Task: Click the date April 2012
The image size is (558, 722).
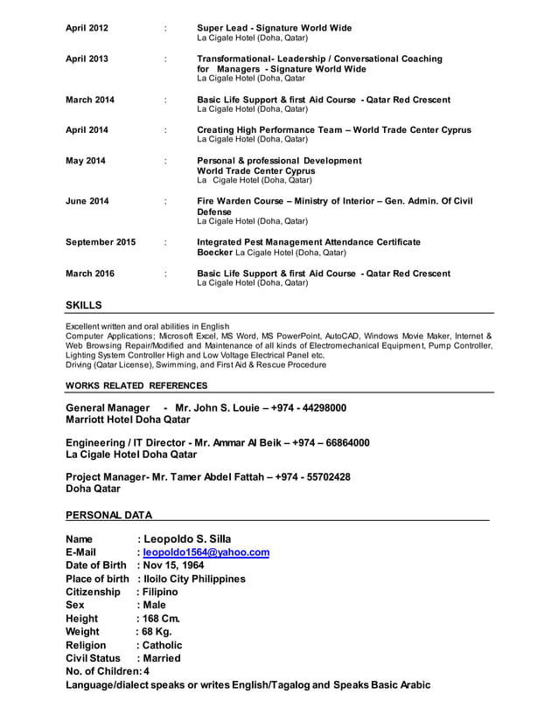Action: pyautogui.click(x=87, y=28)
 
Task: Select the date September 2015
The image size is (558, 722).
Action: pyautogui.click(x=101, y=242)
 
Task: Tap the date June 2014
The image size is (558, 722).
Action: pyautogui.click(x=87, y=201)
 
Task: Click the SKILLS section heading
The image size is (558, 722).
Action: pyautogui.click(x=84, y=305)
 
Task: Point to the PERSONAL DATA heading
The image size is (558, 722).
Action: pyautogui.click(x=108, y=515)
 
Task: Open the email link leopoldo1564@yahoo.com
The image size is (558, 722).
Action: pyautogui.click(x=206, y=552)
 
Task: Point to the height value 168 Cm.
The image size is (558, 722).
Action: pyautogui.click(x=162, y=618)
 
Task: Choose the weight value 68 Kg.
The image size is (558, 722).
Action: pyautogui.click(x=158, y=631)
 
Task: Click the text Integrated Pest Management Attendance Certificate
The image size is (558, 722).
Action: pyautogui.click(x=309, y=242)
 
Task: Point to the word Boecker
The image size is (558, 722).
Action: pyautogui.click(x=215, y=253)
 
